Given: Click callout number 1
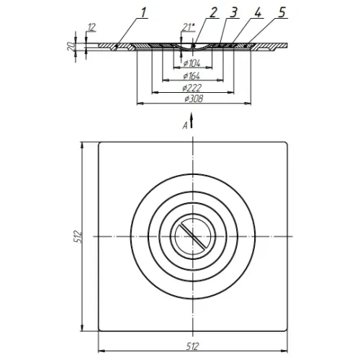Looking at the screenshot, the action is click(x=143, y=13).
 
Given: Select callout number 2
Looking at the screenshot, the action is click(x=213, y=13).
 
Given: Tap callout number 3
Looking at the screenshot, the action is click(x=233, y=13).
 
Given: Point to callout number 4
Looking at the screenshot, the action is click(x=258, y=12).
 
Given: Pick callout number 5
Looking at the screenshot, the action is click(x=282, y=12).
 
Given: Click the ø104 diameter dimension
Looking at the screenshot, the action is click(x=192, y=63).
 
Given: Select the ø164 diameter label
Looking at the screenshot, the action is click(x=192, y=76).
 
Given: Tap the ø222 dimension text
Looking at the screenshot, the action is click(x=192, y=88).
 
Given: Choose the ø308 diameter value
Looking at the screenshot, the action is click(x=194, y=99).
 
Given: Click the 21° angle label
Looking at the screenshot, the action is click(x=188, y=27).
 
